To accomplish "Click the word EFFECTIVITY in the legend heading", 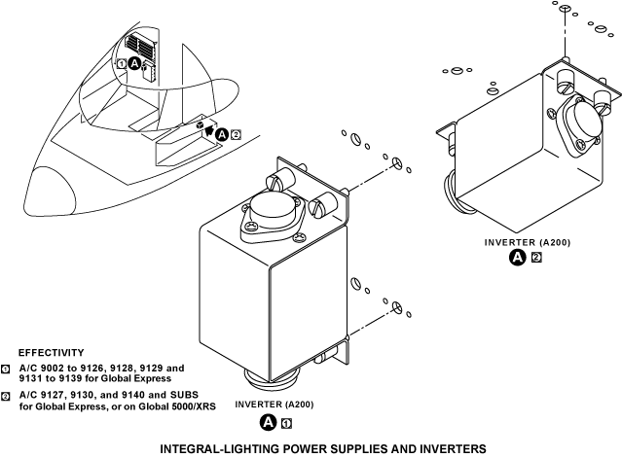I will tap(51, 352).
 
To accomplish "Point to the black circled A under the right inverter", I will tap(519, 257).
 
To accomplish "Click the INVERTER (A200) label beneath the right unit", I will tap(527, 240).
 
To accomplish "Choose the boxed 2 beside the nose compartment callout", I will tap(236, 134).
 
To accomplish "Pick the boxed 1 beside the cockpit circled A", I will tap(122, 62).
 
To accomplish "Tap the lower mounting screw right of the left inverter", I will tap(397, 306).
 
